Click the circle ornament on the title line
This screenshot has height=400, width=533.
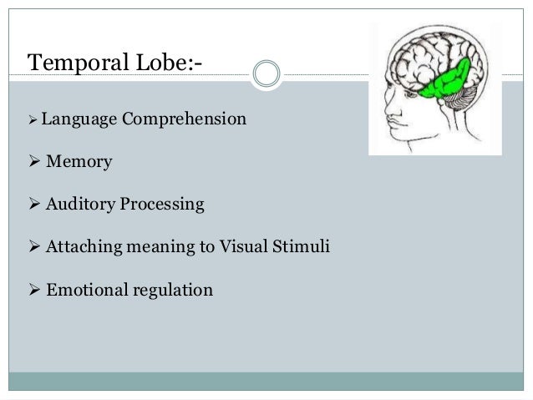tap(266, 74)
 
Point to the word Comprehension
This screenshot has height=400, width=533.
tap(184, 119)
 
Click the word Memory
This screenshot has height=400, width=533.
tap(79, 161)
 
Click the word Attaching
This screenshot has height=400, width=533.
tap(85, 247)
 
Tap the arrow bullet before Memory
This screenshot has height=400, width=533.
tap(34, 161)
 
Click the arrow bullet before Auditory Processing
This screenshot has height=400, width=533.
tap(34, 204)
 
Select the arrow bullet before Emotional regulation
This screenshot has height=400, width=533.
tap(34, 290)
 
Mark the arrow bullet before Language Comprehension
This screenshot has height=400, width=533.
tap(33, 119)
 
